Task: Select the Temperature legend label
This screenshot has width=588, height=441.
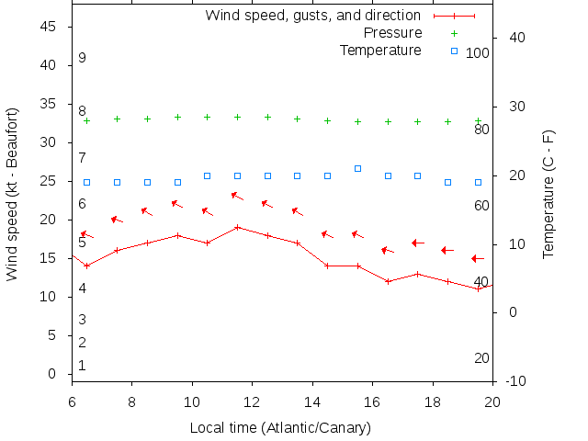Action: coord(380,50)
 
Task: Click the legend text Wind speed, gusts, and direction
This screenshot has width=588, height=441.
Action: coord(312,16)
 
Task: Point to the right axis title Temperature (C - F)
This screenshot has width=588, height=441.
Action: coord(548,194)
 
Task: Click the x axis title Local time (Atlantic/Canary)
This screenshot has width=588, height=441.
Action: coord(280,428)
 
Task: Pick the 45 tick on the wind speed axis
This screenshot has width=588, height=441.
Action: coord(51,28)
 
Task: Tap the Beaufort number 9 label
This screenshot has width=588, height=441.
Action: coord(82,58)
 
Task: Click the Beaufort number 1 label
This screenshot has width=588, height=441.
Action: coord(82,366)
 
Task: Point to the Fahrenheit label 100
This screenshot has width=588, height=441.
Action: coord(478,53)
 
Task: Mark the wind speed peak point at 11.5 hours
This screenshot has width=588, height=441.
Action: coord(237,227)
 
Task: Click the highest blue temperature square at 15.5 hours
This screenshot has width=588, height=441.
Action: coord(358,168)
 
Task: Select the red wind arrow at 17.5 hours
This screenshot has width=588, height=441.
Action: coord(418,243)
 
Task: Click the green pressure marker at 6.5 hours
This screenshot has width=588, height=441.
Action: coord(87,120)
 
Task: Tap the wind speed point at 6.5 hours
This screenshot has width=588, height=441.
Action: coord(87,266)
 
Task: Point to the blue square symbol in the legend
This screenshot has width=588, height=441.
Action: coord(454,50)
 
